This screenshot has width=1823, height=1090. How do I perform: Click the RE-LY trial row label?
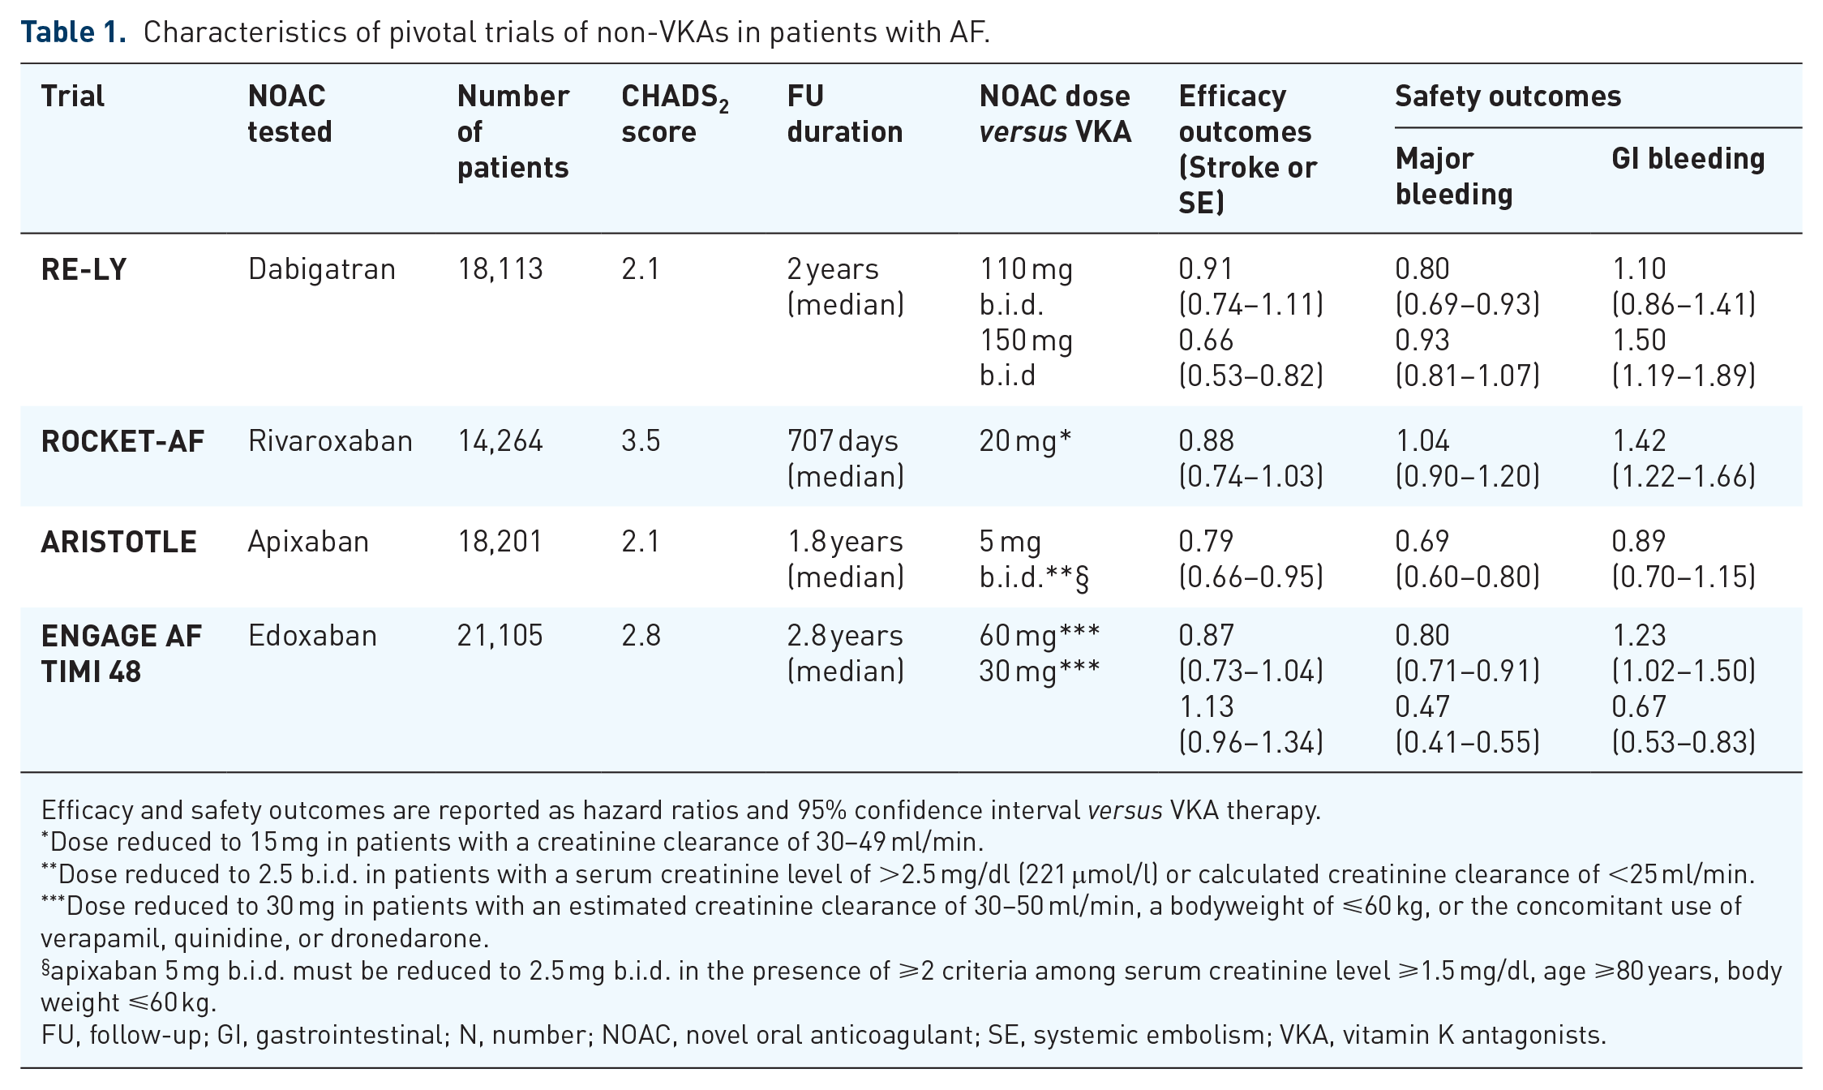pos(84,269)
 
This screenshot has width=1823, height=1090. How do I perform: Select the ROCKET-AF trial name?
pos(122,441)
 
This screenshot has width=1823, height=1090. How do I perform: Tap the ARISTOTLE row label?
pos(118,542)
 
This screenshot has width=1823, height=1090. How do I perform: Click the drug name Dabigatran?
pos(322,270)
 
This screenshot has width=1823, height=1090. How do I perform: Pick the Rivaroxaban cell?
pos(330,441)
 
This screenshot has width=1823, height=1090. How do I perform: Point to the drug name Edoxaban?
pos(312,636)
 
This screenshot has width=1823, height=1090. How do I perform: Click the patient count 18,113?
pos(500,270)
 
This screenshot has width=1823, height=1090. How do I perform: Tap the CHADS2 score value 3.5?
pos(641,441)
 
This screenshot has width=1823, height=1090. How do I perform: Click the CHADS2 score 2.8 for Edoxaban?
pos(641,636)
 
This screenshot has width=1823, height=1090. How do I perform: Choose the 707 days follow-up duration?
pos(843,441)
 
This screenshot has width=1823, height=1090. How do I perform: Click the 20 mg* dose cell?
pos(1025,441)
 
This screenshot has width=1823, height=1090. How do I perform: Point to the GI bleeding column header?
pos(1688,159)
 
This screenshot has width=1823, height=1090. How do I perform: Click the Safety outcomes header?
pos(1508,97)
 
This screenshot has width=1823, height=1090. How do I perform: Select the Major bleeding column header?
pos(1454,176)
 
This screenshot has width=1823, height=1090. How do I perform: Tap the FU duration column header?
pos(845,114)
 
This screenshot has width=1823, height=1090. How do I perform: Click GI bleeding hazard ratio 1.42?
pos(1639,441)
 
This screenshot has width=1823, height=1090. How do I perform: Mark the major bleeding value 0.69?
pos(1422,542)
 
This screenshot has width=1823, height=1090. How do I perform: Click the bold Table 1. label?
pos(74,32)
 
